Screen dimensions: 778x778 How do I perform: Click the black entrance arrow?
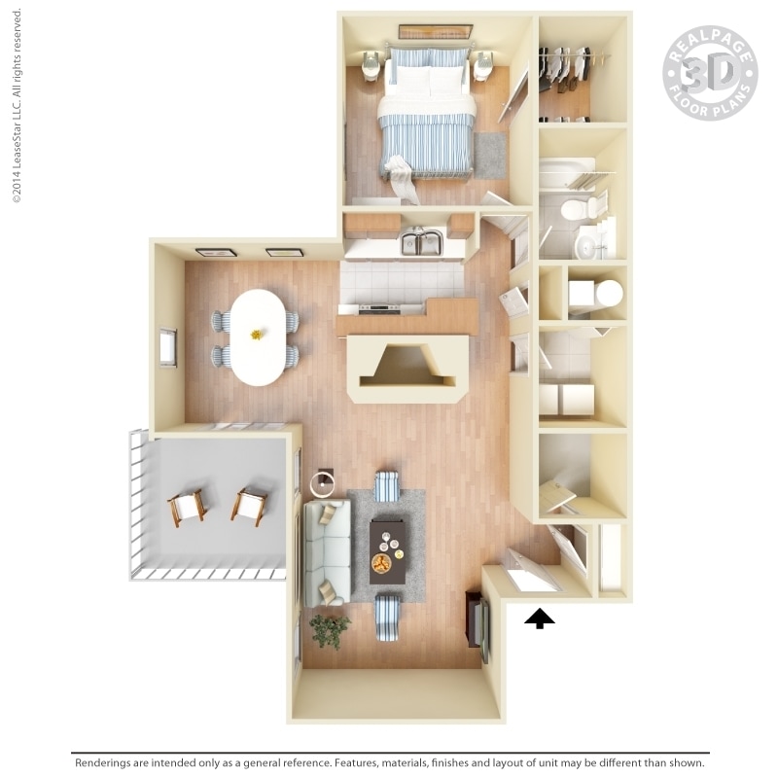[x=539, y=619]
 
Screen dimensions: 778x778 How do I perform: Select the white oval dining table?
[x=257, y=336]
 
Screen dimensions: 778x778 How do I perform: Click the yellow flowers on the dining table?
[x=257, y=334]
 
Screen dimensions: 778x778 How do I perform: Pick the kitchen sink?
[x=421, y=242]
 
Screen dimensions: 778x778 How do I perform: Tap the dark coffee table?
[x=388, y=549]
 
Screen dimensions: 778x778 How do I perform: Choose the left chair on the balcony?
[x=187, y=506]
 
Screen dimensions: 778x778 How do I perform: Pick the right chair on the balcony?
[x=249, y=504]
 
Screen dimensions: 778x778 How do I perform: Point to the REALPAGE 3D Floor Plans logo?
[x=709, y=73]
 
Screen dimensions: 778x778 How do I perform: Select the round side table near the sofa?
[x=322, y=480]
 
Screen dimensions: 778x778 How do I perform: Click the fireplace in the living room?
[x=407, y=369]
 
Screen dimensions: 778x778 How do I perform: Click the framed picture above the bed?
[x=435, y=32]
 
